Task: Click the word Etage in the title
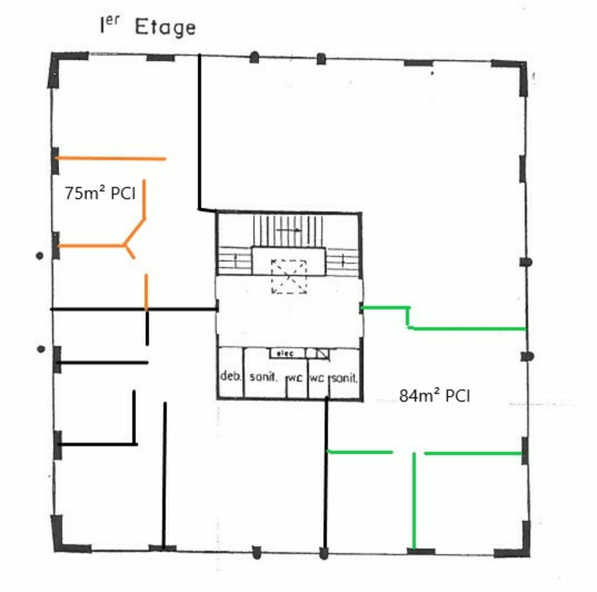(x=166, y=28)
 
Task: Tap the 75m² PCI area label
(x=100, y=193)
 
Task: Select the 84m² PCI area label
(x=434, y=396)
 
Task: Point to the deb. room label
(x=230, y=376)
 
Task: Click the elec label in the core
(x=285, y=353)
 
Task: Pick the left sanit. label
(x=263, y=377)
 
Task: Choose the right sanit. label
(x=345, y=378)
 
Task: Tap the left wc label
(x=295, y=378)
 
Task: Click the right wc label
(x=317, y=378)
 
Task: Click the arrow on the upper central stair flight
(x=288, y=230)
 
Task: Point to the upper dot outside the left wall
(x=40, y=256)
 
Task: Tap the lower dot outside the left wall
(x=41, y=349)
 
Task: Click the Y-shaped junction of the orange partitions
(x=125, y=246)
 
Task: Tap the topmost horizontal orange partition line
(x=111, y=159)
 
